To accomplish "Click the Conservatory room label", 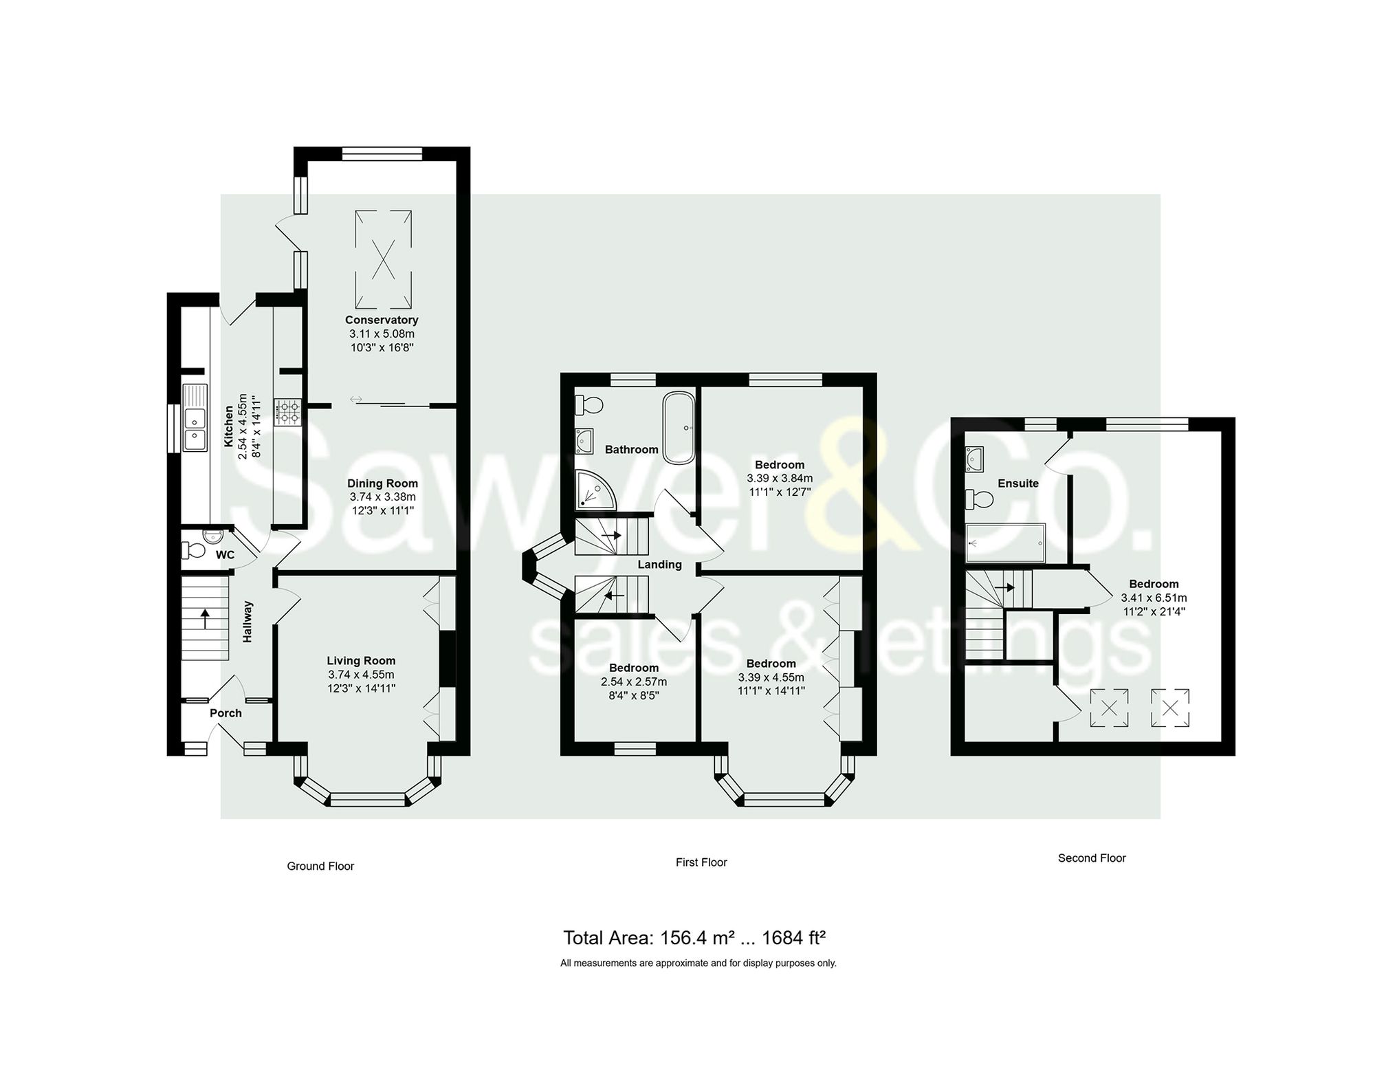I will (382, 320).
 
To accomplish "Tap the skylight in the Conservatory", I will (383, 260).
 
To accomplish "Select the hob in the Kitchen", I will (287, 412).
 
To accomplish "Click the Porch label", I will (225, 713).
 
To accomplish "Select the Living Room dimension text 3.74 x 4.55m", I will (361, 675).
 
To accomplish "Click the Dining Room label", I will (382, 483).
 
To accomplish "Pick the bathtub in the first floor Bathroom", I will (679, 427).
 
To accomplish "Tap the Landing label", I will (659, 565).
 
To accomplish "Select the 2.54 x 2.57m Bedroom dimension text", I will (634, 682).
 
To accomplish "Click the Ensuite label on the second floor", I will (1017, 483).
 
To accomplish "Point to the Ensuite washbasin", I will (975, 458).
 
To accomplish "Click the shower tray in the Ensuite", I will (1005, 544).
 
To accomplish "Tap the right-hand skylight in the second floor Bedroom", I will (1170, 708).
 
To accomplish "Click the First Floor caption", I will (701, 862).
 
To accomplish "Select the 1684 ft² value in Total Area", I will (793, 938).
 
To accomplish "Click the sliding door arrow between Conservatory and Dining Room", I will (356, 400).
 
